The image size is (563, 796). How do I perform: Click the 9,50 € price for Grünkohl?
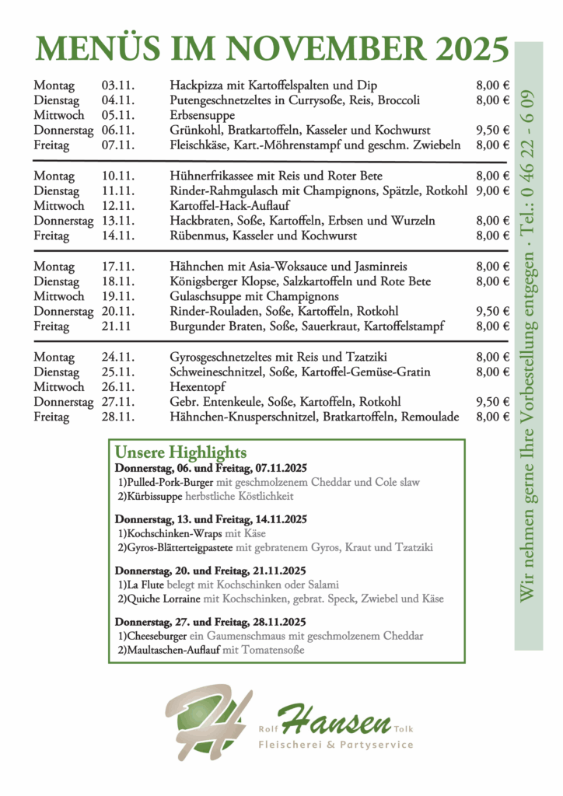tap(492, 130)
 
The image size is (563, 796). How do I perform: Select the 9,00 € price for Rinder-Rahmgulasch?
tap(492, 190)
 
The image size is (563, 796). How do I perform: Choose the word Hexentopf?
tap(196, 387)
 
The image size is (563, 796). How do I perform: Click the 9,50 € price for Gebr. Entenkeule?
tap(492, 402)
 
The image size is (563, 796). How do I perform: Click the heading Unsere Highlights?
tap(180, 452)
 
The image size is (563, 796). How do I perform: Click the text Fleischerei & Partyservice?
tap(336, 745)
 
